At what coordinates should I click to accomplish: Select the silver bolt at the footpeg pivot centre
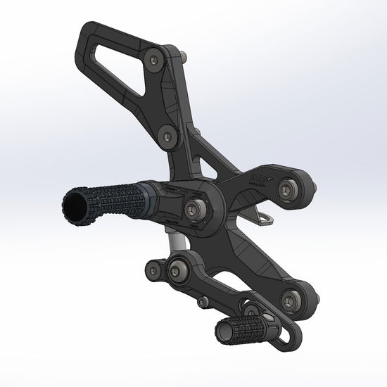(197, 209)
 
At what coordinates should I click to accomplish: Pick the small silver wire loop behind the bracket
(266, 220)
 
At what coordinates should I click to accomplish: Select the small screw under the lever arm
(203, 302)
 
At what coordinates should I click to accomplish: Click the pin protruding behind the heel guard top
(183, 57)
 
